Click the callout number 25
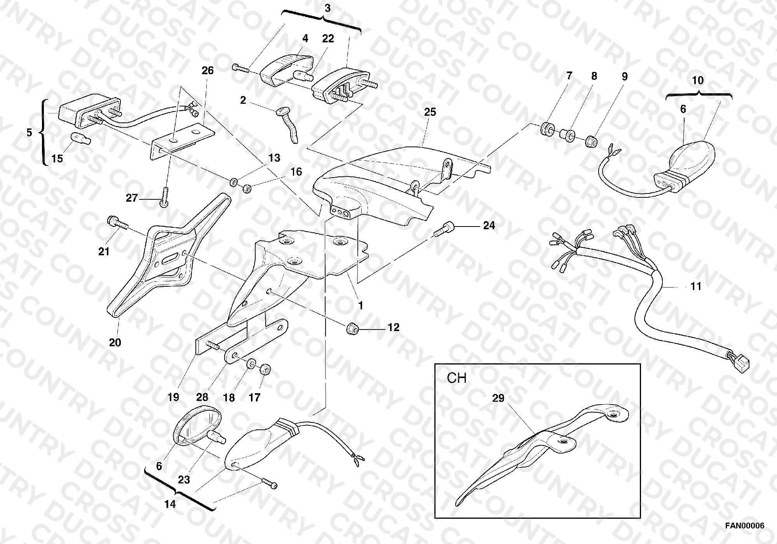(x=430, y=112)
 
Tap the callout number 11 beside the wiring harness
(x=696, y=286)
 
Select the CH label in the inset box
(x=456, y=378)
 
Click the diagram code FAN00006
(x=744, y=526)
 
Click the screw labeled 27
(x=165, y=197)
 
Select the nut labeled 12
(x=352, y=328)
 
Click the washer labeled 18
(x=251, y=363)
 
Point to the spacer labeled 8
(x=568, y=136)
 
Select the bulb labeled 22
(x=303, y=75)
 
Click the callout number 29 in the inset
(x=498, y=398)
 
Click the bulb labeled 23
(x=217, y=437)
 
